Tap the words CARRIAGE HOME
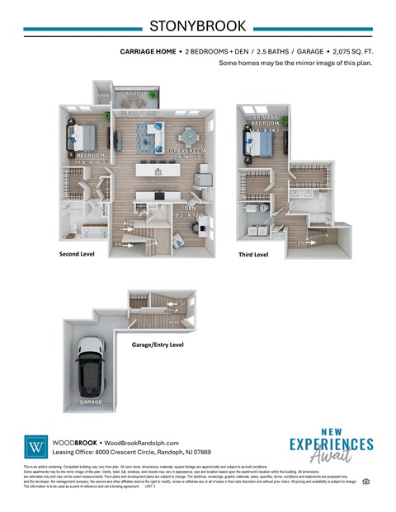click(x=148, y=51)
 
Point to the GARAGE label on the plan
click(x=91, y=402)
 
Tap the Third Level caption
click(x=254, y=255)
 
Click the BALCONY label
click(x=135, y=95)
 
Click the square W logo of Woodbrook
click(x=36, y=447)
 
